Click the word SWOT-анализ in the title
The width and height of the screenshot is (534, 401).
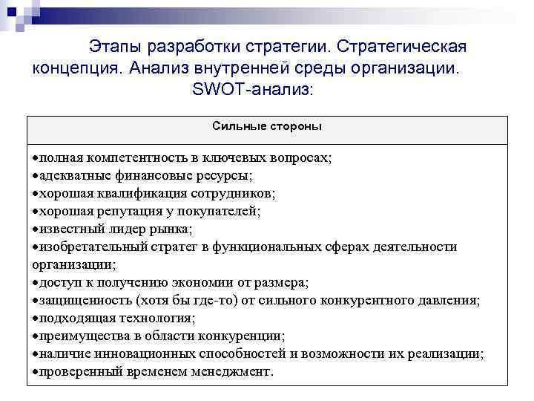click(x=252, y=90)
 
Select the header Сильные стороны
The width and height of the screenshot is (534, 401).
click(x=267, y=126)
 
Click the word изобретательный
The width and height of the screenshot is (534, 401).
click(x=85, y=247)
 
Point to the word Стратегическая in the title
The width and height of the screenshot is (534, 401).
click(x=400, y=47)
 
